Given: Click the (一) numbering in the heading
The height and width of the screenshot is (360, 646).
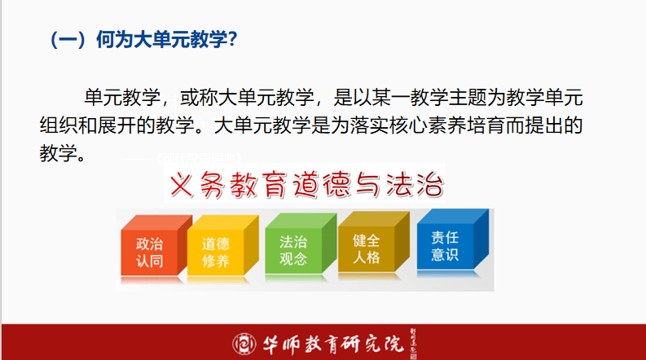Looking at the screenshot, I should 68,39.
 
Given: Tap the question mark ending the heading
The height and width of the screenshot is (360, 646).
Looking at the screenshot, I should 232,39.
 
